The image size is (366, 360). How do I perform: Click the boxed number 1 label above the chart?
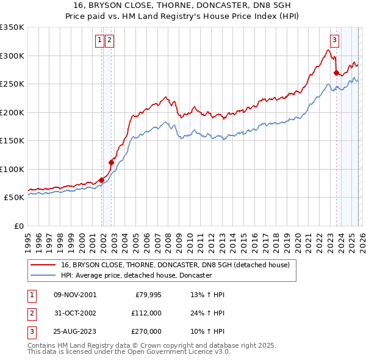pyautogui.click(x=99, y=41)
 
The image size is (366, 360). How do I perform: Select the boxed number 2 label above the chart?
pyautogui.click(x=109, y=41)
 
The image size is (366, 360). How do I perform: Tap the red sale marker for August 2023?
pyautogui.click(x=336, y=73)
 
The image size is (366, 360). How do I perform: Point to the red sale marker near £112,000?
pyautogui.click(x=111, y=162)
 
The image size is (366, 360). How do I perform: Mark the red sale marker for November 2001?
pyautogui.click(x=101, y=180)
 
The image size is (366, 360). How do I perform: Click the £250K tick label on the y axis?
pyautogui.click(x=12, y=84)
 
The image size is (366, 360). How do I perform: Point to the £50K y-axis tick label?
pyautogui.click(x=15, y=198)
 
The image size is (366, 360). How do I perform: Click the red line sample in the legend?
pyautogui.click(x=43, y=265)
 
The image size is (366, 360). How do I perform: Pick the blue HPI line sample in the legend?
pyautogui.click(x=43, y=276)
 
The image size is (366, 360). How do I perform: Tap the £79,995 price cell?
pyautogui.click(x=146, y=295)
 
